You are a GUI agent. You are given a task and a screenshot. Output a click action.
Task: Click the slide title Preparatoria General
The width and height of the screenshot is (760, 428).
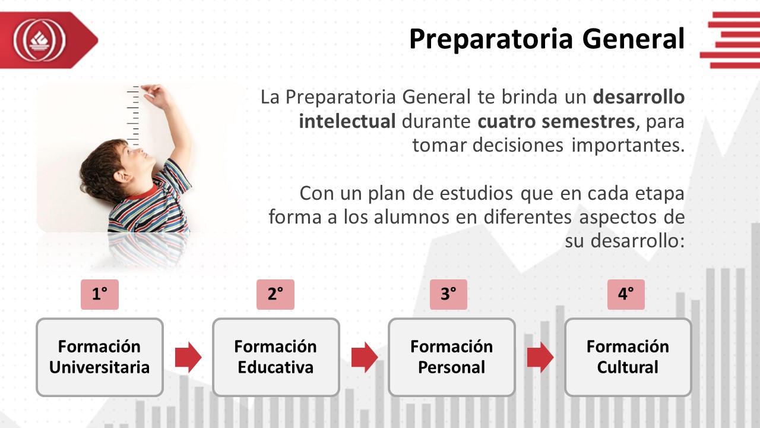547,39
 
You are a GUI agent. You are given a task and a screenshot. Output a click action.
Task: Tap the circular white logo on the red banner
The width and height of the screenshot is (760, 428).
39,40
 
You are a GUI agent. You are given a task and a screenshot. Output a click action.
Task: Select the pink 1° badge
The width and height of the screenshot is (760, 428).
100,294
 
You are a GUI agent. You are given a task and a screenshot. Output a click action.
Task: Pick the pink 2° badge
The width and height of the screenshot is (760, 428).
275,294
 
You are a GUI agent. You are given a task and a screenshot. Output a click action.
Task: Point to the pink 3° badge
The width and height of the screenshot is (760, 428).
448,294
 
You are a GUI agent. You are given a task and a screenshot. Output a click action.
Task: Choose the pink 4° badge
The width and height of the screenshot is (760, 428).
626,294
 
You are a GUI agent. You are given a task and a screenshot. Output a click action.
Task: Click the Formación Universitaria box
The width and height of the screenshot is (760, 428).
100,357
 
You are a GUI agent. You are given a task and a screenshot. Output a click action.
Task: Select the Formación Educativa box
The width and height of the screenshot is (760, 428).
276,357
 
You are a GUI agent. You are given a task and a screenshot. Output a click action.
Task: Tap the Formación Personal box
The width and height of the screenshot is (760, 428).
452,357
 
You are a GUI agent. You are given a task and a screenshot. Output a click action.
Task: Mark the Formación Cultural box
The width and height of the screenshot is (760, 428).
628,357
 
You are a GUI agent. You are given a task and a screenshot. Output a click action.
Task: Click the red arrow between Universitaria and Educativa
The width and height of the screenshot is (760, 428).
188,357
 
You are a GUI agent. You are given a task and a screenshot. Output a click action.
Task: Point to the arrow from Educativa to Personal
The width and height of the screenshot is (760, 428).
365,357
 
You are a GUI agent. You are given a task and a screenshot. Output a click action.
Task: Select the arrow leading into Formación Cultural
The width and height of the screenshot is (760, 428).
540,357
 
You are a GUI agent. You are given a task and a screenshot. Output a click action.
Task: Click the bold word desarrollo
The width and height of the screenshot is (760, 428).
638,97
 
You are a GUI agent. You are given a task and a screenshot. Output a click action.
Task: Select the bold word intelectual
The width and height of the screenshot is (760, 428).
347,121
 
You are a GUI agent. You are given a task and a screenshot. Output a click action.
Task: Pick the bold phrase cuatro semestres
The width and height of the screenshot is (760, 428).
556,122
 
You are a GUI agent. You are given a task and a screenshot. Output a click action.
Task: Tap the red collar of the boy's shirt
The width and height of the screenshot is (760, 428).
144,194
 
